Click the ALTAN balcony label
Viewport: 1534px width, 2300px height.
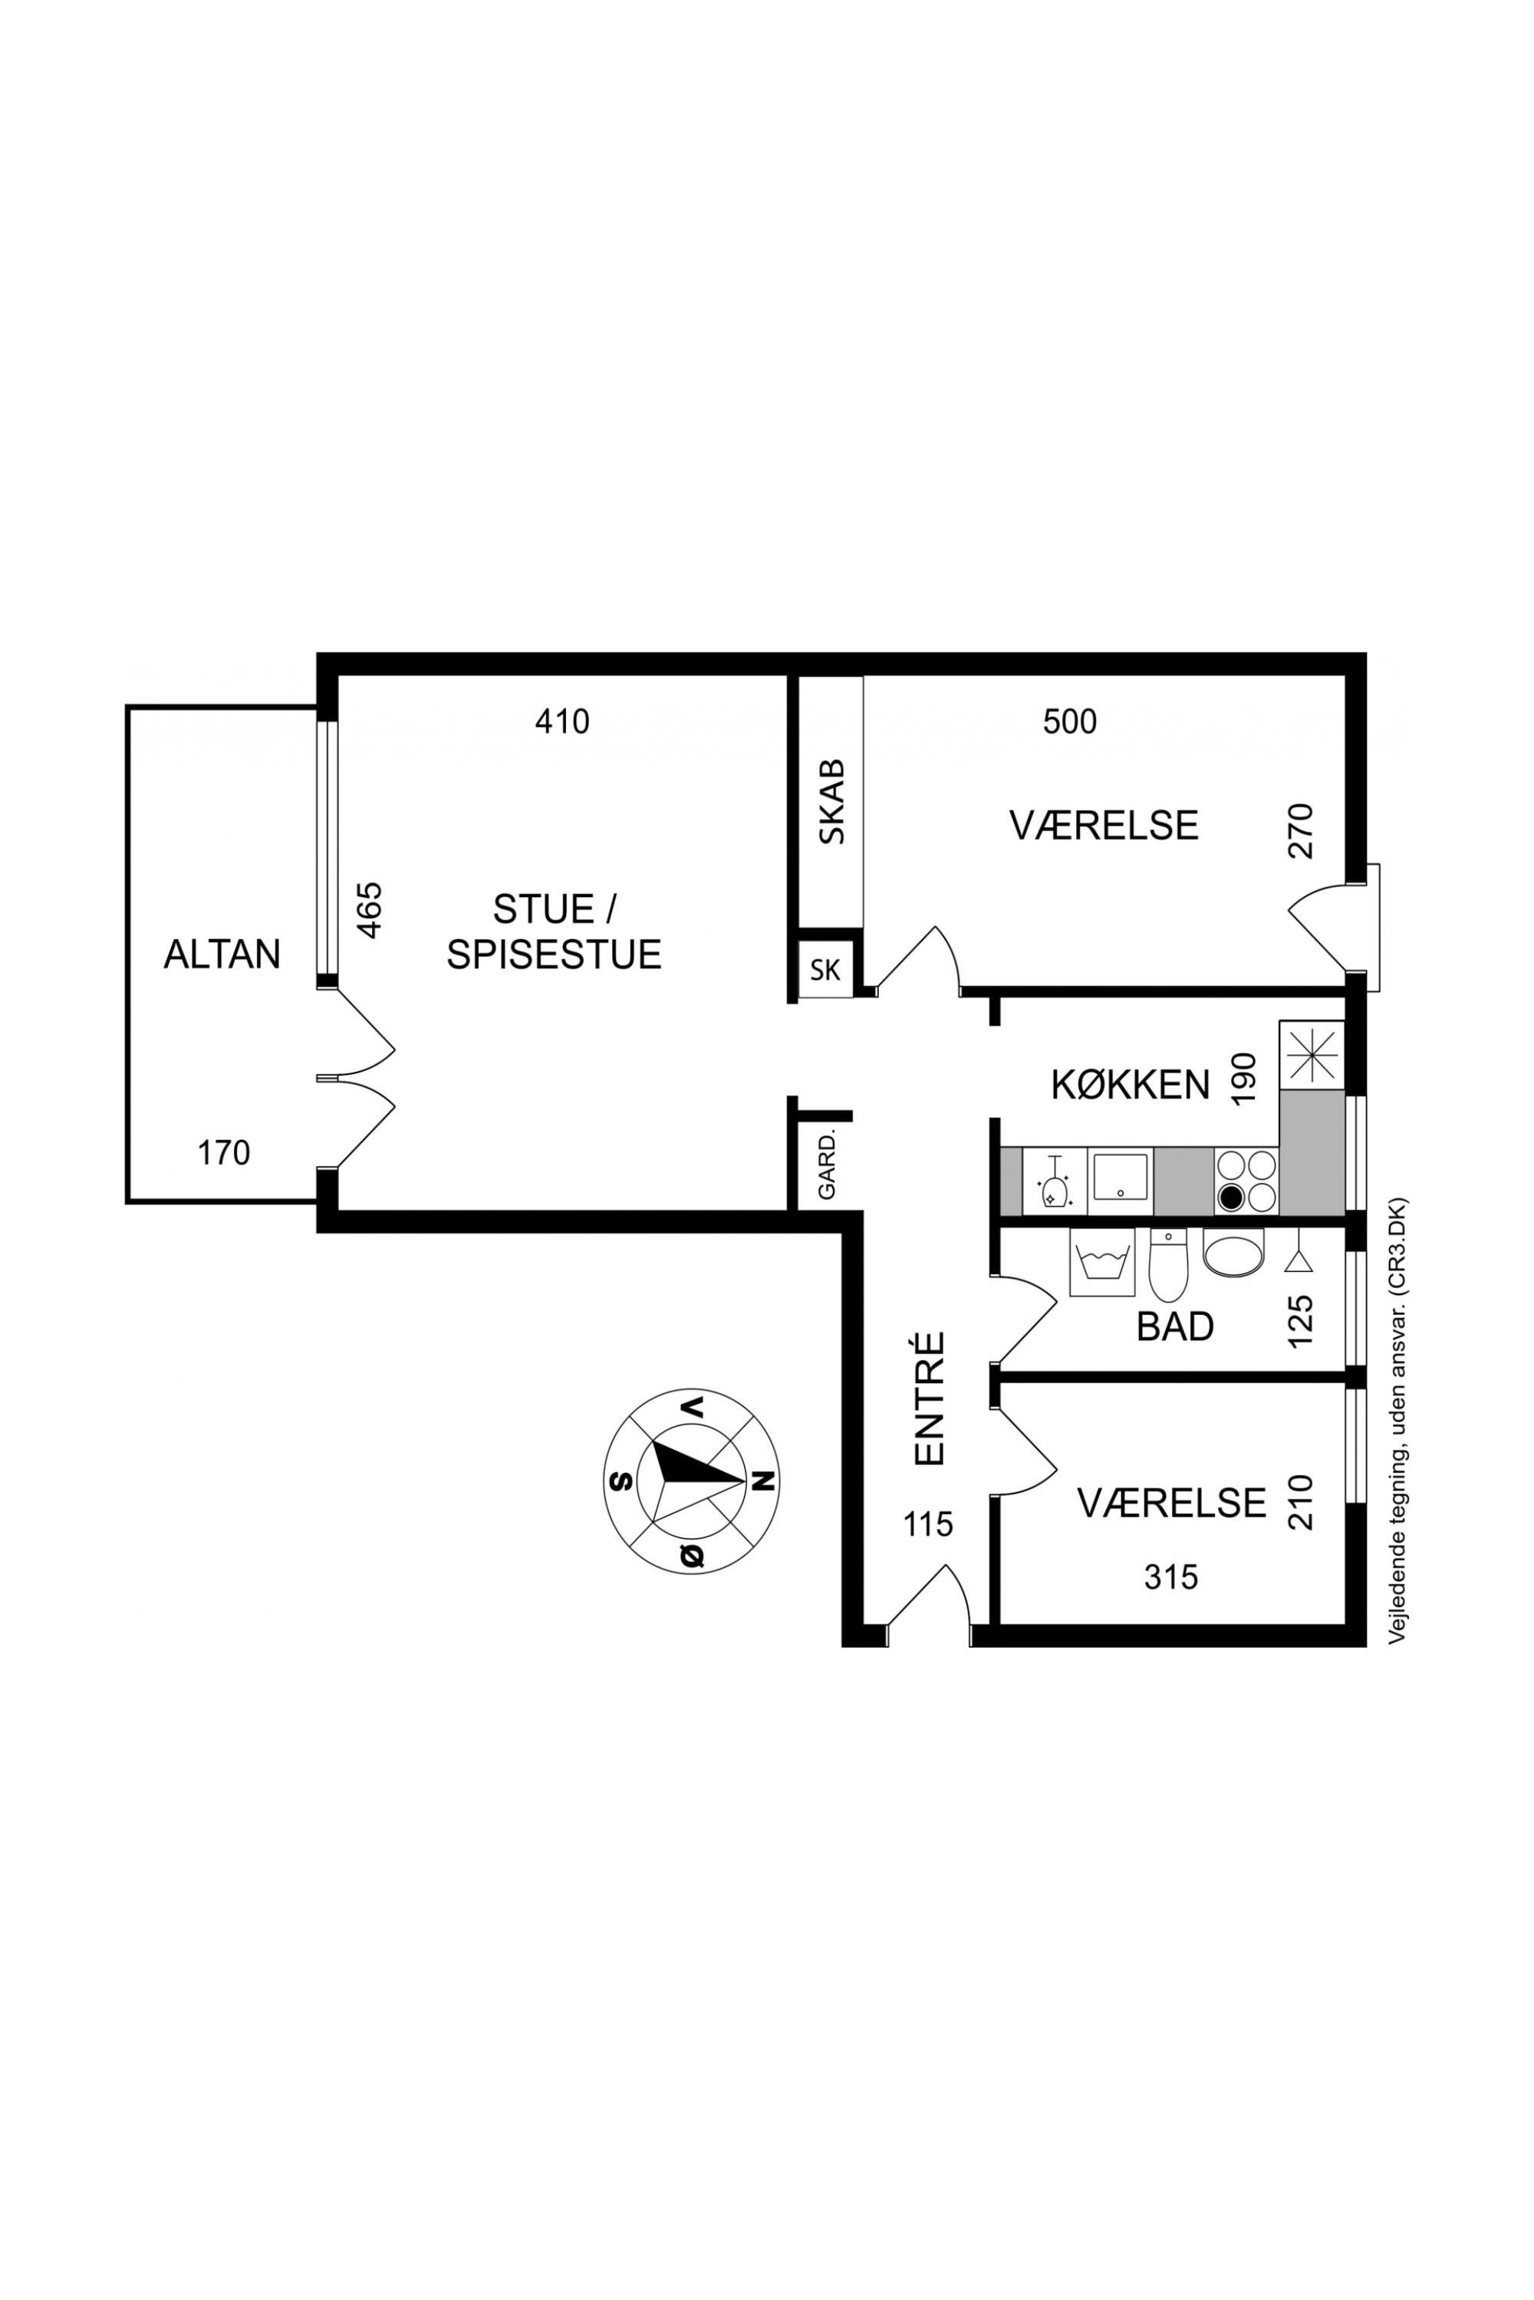point(222,954)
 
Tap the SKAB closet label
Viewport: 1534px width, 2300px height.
point(831,802)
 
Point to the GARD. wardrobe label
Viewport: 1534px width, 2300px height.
point(827,1165)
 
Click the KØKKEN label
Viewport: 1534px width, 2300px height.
point(1130,1086)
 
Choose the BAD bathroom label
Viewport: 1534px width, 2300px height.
point(1175,1327)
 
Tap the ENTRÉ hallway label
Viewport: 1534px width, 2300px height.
point(930,1398)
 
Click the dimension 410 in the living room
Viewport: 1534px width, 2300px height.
point(562,721)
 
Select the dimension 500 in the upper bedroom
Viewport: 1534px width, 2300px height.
point(1069,721)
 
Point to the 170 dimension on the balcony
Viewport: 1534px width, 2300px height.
point(224,1153)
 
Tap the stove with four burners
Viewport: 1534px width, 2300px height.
point(1246,1181)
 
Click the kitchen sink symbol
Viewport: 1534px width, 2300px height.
point(1120,1181)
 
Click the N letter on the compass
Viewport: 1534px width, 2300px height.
point(766,1480)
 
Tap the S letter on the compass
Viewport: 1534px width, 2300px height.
point(618,1480)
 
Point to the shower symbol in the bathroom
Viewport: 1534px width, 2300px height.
point(1299,1252)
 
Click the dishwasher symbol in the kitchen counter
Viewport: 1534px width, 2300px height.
point(1055,1181)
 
